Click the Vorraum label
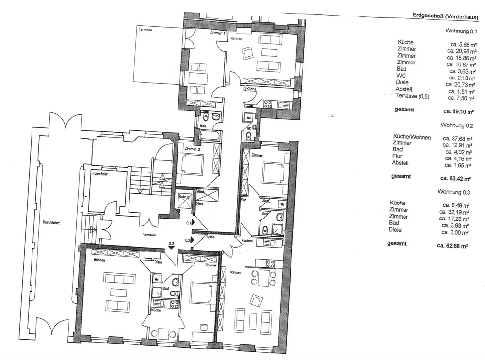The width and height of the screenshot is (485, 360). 150,235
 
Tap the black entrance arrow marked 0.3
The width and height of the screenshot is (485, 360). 171,248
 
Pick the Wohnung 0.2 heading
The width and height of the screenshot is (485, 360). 457,125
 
